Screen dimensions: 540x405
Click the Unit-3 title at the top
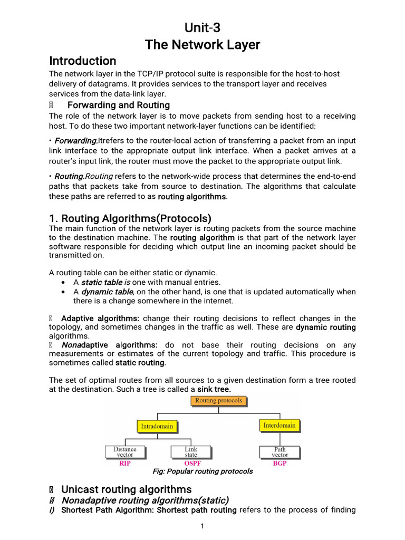202,27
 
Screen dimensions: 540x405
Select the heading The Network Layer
202,45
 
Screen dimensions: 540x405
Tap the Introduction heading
82,61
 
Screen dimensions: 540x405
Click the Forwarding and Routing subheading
119,105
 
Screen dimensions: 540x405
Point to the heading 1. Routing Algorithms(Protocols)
130,218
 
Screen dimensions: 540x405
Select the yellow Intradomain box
156,426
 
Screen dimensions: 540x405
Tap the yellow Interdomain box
279,425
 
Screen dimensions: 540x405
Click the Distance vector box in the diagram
125,452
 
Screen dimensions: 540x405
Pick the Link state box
191,452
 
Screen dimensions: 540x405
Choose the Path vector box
280,452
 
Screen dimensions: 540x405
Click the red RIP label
125,464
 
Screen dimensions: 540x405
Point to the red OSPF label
192,464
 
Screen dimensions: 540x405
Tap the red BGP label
280,464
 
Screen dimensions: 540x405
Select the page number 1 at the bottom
202,526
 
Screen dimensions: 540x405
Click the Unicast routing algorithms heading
126,489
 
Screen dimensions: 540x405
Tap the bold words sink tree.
214,389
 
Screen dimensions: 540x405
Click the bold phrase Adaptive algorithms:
100,319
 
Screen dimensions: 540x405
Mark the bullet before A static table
64,283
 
